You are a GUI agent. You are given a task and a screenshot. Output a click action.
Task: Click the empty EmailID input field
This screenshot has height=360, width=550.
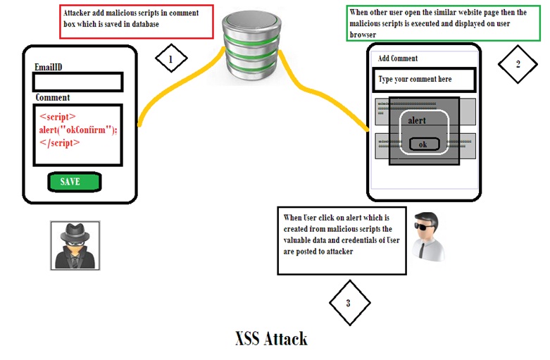coord(77,82)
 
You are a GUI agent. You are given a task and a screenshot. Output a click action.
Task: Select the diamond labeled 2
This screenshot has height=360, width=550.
coord(518,64)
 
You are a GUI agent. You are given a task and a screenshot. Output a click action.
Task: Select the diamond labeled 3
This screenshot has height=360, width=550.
coord(348,304)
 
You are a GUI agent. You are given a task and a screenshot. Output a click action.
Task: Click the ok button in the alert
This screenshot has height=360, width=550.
coord(424,144)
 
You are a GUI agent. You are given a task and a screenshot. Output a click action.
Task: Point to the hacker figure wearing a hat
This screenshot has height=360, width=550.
coord(75,244)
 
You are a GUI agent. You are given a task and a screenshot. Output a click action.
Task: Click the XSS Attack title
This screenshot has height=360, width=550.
coord(271,339)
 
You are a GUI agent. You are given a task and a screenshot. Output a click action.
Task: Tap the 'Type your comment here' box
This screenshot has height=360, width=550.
coord(424,79)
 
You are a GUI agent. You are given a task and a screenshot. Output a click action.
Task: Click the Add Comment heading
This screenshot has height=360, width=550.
coord(398,58)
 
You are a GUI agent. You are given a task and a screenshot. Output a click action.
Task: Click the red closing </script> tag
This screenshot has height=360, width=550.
coord(61,142)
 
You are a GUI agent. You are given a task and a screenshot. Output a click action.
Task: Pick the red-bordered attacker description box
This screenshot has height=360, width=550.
coord(135,21)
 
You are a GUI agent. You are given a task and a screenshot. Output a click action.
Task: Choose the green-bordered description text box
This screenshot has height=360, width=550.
coord(443,23)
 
